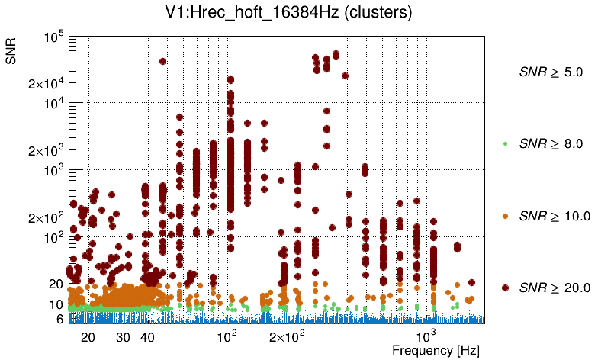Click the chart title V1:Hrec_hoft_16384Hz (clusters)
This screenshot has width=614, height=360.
[305, 13]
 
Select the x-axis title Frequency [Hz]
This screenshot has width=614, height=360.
[424, 350]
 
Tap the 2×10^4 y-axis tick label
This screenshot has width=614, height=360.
[44, 83]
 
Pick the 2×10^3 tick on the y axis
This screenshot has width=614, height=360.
[44, 150]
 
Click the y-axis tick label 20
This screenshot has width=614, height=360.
[55, 284]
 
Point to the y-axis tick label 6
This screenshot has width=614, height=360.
[58, 319]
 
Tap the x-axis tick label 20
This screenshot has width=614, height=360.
[88, 336]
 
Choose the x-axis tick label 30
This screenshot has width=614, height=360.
[123, 336]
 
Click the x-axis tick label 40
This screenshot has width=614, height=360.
[147, 336]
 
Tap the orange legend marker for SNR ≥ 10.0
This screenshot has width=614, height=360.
[506, 216]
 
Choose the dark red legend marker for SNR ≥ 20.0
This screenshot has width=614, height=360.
[506, 288]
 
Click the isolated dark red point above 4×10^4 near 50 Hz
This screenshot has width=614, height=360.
[162, 62]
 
